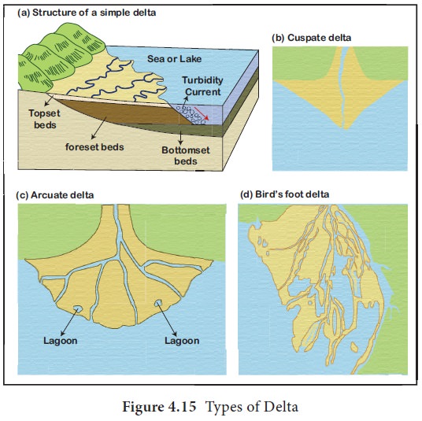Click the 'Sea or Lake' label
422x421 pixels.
[175, 59]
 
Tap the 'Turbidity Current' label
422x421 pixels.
[202, 86]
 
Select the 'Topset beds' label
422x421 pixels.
[44, 119]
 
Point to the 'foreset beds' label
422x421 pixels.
[94, 147]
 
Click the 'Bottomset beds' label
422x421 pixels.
[186, 156]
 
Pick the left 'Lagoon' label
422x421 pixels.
[61, 341]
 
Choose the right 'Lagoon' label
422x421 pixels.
[182, 341]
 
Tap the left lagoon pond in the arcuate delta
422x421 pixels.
[77, 308]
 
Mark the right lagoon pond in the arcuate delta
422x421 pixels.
[157, 303]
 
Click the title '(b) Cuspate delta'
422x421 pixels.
[312, 38]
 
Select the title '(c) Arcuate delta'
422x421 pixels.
[55, 195]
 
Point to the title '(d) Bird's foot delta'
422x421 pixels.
[284, 194]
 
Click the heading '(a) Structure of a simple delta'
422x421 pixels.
[87, 13]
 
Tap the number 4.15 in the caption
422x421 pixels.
[182, 407]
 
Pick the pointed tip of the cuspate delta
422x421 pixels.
[344, 128]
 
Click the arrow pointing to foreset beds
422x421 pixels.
[99, 128]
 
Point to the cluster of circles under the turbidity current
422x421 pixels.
[191, 115]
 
